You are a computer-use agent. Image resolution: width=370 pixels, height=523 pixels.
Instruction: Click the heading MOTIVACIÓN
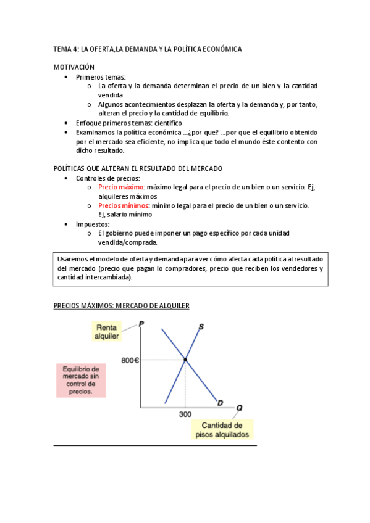click(74, 67)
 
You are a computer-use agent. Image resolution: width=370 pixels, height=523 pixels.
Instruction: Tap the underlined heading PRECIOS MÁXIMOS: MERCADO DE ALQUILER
click(121, 305)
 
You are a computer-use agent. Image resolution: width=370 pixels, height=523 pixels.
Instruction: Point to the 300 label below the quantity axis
click(185, 414)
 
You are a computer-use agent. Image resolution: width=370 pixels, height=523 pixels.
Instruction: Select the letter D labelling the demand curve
click(221, 403)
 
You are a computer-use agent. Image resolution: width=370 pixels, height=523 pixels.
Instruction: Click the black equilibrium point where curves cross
click(185, 359)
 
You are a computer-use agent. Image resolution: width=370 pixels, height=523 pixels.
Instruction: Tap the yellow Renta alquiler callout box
click(107, 331)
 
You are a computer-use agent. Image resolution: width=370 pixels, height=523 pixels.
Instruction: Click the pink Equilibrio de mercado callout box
click(81, 379)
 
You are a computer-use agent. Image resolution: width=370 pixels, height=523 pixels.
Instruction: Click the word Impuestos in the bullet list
click(93, 224)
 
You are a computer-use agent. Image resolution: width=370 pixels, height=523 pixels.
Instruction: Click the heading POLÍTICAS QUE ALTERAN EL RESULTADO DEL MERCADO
click(138, 168)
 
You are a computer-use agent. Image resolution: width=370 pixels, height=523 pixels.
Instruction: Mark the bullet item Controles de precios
click(107, 178)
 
